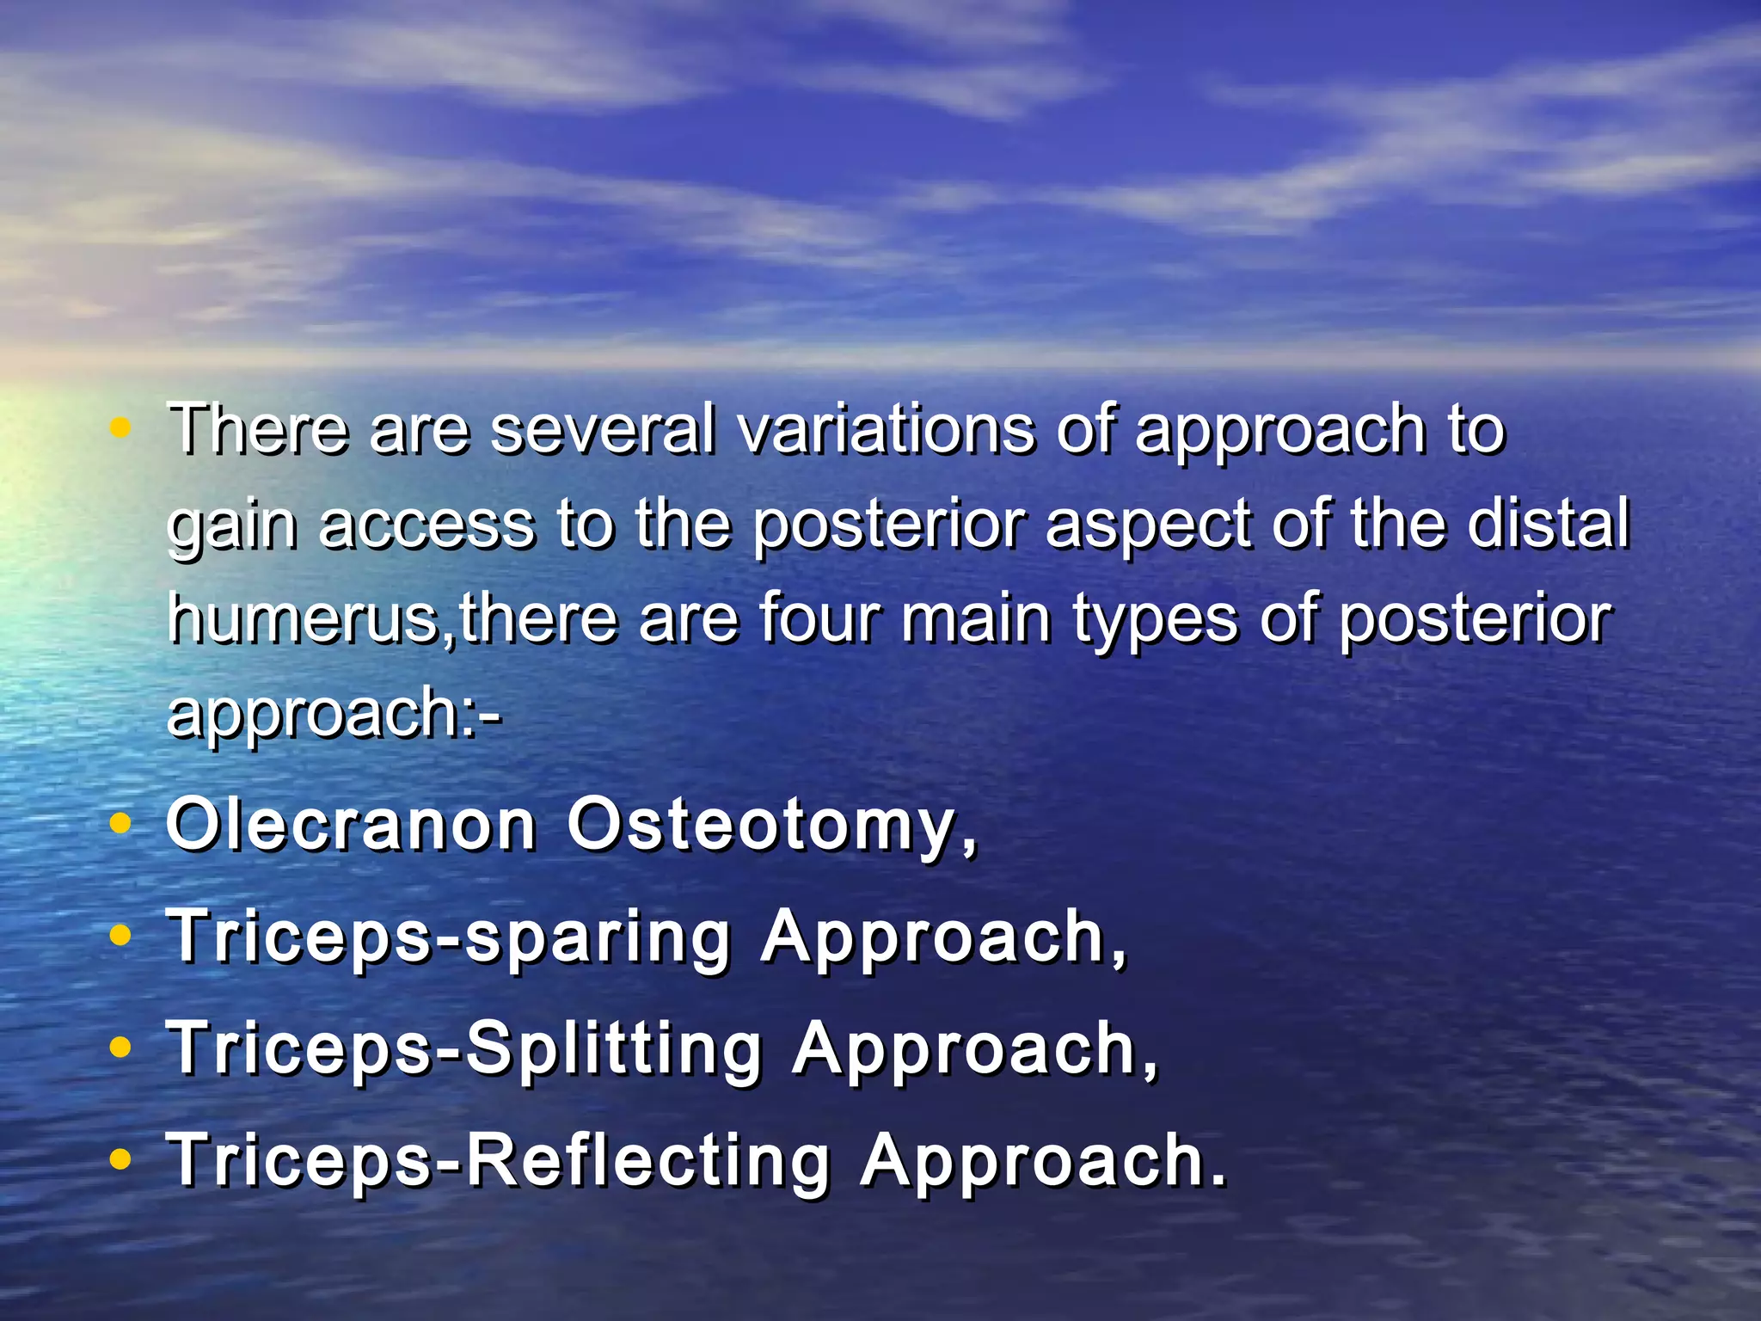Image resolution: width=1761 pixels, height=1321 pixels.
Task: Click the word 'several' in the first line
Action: (x=602, y=428)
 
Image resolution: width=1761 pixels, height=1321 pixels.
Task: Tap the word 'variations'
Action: (x=886, y=428)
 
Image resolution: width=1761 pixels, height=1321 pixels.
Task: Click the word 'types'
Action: (x=1156, y=621)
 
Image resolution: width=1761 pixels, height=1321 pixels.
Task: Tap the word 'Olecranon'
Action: (x=351, y=826)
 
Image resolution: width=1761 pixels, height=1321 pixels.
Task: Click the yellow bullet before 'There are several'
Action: (x=121, y=427)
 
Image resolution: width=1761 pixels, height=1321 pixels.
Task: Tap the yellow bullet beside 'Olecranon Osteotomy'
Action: (x=121, y=824)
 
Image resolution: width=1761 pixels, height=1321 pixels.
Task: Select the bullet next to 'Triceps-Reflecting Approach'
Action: (x=121, y=1159)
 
